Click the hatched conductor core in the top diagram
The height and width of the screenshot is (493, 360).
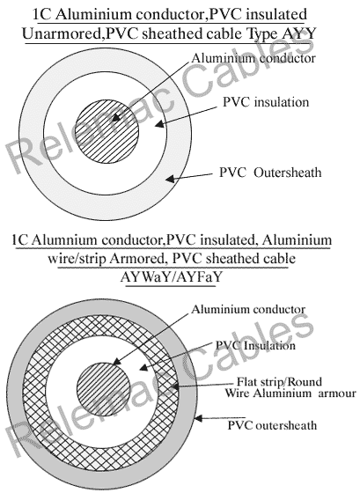coord(107,131)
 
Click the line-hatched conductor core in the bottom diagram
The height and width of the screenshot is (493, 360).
coord(104,389)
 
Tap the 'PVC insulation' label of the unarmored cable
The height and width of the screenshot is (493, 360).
coord(266,102)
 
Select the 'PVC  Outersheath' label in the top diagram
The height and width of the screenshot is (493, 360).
coord(270,173)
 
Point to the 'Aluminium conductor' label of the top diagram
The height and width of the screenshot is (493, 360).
coord(253,58)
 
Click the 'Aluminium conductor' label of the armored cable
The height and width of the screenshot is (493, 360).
coord(248,309)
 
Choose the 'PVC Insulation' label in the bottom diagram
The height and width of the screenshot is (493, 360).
coord(255,345)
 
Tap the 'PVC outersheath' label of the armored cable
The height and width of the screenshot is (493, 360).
coord(272,425)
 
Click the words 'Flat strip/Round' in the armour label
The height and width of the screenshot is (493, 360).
coord(280,382)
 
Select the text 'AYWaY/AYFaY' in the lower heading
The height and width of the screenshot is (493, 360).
coord(171,277)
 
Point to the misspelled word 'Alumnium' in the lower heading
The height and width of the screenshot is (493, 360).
coord(65,240)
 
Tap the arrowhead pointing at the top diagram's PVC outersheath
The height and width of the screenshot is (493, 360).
coord(170,179)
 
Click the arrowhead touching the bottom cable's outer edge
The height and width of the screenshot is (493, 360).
coord(200,418)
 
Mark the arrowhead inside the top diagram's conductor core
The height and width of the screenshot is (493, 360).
coord(115,118)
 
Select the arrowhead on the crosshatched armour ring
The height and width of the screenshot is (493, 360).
coord(175,386)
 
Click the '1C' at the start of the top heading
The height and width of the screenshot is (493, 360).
coord(41,14)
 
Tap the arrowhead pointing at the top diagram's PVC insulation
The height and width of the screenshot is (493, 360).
coord(160,124)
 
